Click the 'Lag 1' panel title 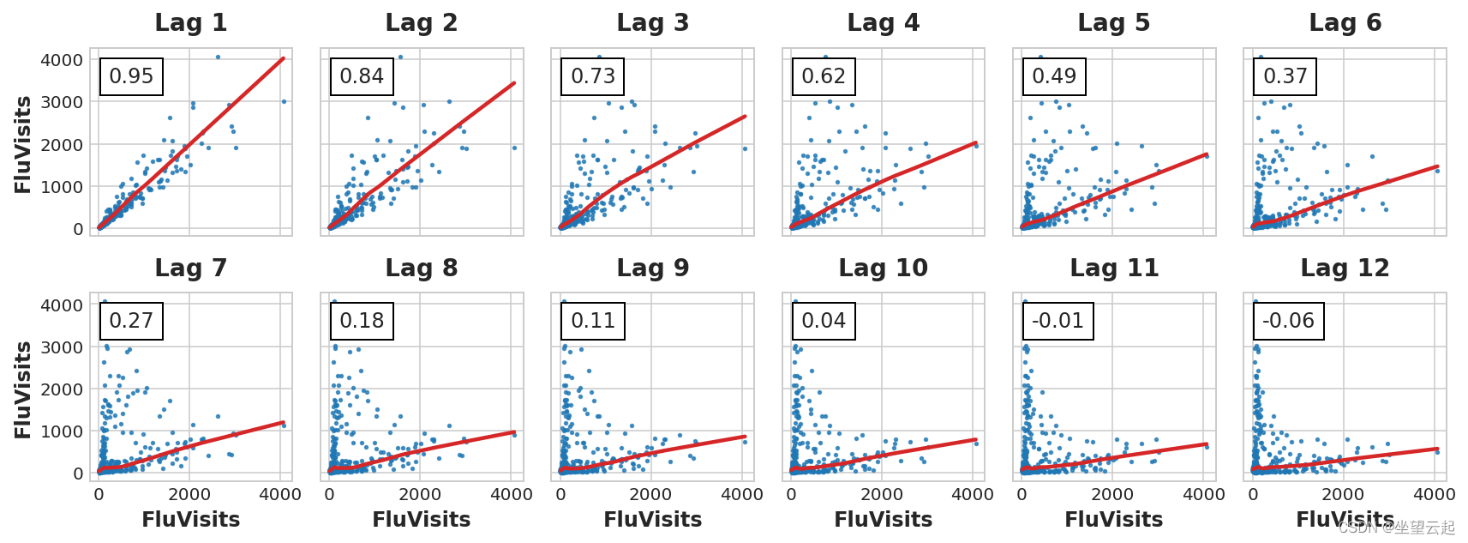pos(190,23)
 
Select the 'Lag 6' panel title pos(1345,23)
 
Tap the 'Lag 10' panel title pos(883,268)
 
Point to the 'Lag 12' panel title pos(1345,268)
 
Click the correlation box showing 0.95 pos(131,76)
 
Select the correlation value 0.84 pos(362,76)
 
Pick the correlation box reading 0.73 pos(593,76)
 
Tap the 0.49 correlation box pos(1054,76)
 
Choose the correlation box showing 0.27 pos(131,321)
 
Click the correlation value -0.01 pos(1058,321)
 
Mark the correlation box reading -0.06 pos(1288,321)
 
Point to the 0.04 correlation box pos(824,321)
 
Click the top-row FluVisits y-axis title pos(23,144)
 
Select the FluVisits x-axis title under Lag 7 pos(190,520)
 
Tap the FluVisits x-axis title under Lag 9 pos(652,520)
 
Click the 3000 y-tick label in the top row pos(62,102)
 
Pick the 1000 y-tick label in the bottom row pos(62,431)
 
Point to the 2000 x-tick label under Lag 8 pos(420,495)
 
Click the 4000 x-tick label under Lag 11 pos(1203,495)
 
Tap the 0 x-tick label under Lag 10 pos(791,495)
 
